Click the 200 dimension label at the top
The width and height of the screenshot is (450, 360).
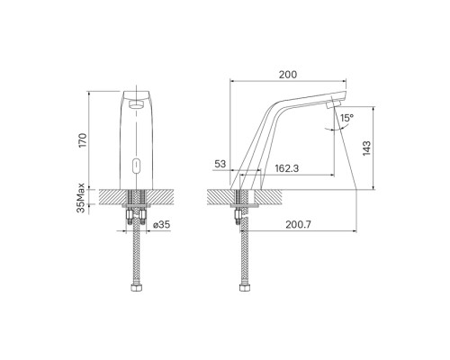tap(288, 75)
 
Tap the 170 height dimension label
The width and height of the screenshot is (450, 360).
tap(82, 139)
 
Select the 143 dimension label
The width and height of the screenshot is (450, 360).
tap(366, 148)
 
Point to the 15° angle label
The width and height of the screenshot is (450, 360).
tap(346, 118)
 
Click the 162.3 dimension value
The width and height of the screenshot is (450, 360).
tap(287, 168)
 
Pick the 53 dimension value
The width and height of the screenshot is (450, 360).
tap(220, 164)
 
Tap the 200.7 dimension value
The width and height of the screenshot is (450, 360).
tap(298, 224)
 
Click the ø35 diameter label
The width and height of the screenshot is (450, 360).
tap(161, 224)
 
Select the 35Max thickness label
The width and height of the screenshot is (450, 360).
tap(81, 198)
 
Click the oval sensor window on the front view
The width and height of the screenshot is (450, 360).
tap(137, 166)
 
